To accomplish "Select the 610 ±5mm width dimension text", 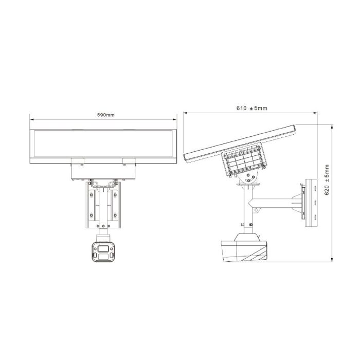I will point(252,109).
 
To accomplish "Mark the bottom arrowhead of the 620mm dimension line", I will point(332,263).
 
